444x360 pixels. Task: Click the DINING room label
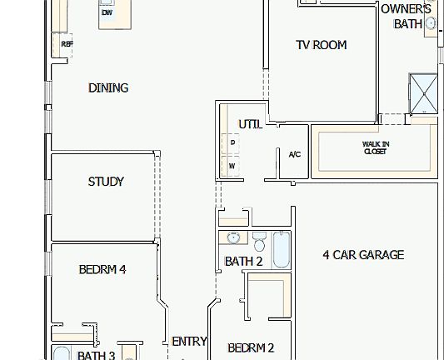(x=108, y=88)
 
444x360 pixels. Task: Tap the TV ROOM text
(x=321, y=45)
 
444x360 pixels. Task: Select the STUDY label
(x=106, y=182)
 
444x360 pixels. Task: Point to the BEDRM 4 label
(x=102, y=269)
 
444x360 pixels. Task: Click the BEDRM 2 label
(x=251, y=347)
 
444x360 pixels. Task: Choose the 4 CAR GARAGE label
(x=363, y=255)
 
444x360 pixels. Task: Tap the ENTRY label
(x=189, y=342)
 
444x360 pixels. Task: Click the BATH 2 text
(x=243, y=262)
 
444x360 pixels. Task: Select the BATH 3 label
(x=96, y=356)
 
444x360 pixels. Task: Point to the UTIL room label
(x=251, y=124)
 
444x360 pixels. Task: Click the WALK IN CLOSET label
(x=375, y=147)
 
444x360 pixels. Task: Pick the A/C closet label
(x=294, y=154)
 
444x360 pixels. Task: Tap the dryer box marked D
(x=232, y=142)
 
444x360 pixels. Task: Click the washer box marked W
(x=232, y=166)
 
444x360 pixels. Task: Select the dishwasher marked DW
(x=107, y=13)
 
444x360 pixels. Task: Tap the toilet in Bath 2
(x=259, y=242)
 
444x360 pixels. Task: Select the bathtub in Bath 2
(x=280, y=249)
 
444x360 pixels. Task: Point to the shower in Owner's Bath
(x=422, y=93)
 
